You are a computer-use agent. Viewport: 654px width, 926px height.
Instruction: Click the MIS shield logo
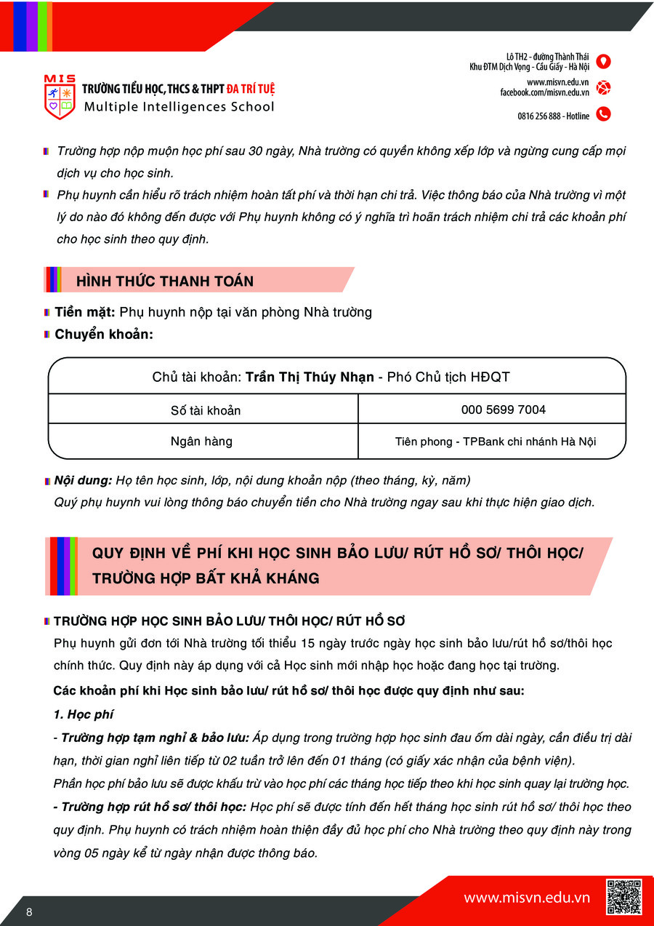[x=60, y=97]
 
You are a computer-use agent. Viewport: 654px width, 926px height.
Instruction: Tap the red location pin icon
[x=603, y=62]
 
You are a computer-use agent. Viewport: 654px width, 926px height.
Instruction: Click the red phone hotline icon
[x=603, y=114]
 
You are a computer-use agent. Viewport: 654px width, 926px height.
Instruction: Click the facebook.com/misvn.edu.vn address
[x=544, y=92]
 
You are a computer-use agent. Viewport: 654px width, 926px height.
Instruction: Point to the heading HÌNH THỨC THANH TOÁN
[x=165, y=281]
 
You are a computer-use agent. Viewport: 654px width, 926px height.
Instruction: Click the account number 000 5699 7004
[x=503, y=410]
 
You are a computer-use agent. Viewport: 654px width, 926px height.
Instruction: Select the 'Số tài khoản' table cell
[x=206, y=410]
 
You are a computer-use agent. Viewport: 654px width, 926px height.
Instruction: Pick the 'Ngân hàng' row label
[x=201, y=442]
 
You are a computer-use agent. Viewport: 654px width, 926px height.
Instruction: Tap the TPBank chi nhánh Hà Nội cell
[x=496, y=442]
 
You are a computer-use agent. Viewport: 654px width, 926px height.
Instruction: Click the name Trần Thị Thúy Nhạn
[x=310, y=377]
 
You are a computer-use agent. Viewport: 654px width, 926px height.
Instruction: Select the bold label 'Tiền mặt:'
[x=85, y=312]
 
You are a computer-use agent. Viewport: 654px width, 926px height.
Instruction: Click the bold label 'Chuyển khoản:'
[x=104, y=335]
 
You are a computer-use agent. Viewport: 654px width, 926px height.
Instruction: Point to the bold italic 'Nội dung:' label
[x=83, y=481]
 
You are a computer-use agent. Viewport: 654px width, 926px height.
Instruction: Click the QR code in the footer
[x=623, y=897]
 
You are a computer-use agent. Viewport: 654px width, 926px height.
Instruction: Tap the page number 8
[x=29, y=913]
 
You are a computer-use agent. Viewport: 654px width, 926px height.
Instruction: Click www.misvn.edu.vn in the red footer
[x=527, y=898]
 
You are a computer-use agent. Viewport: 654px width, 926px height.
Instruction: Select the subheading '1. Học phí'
[x=84, y=714]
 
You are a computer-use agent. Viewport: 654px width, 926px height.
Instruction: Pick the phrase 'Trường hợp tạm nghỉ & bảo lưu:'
[x=155, y=738]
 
